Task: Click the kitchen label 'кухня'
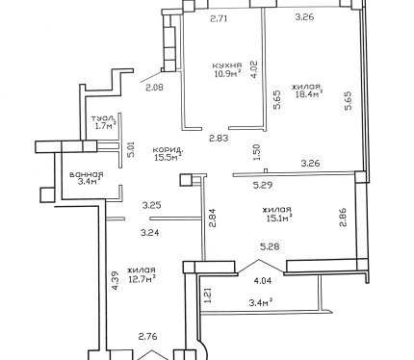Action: tap(227, 65)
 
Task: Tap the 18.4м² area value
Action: tap(309, 94)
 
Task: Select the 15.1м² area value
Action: tap(279, 219)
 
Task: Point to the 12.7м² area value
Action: tap(142, 278)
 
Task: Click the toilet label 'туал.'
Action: tap(103, 118)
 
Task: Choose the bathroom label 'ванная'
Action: tap(87, 175)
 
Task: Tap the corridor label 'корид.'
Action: tap(168, 150)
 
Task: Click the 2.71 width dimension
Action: tap(219, 18)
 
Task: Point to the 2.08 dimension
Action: tap(154, 87)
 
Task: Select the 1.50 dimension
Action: tap(256, 152)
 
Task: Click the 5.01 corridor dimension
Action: tap(131, 150)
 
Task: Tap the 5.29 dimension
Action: tap(263, 185)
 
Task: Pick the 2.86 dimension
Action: tap(343, 218)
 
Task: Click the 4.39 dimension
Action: tap(116, 281)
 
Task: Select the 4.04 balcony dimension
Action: tap(263, 281)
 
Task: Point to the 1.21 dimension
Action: tap(208, 296)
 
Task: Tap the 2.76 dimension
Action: tap(148, 337)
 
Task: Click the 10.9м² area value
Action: tap(228, 74)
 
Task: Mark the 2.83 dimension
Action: tap(219, 139)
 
